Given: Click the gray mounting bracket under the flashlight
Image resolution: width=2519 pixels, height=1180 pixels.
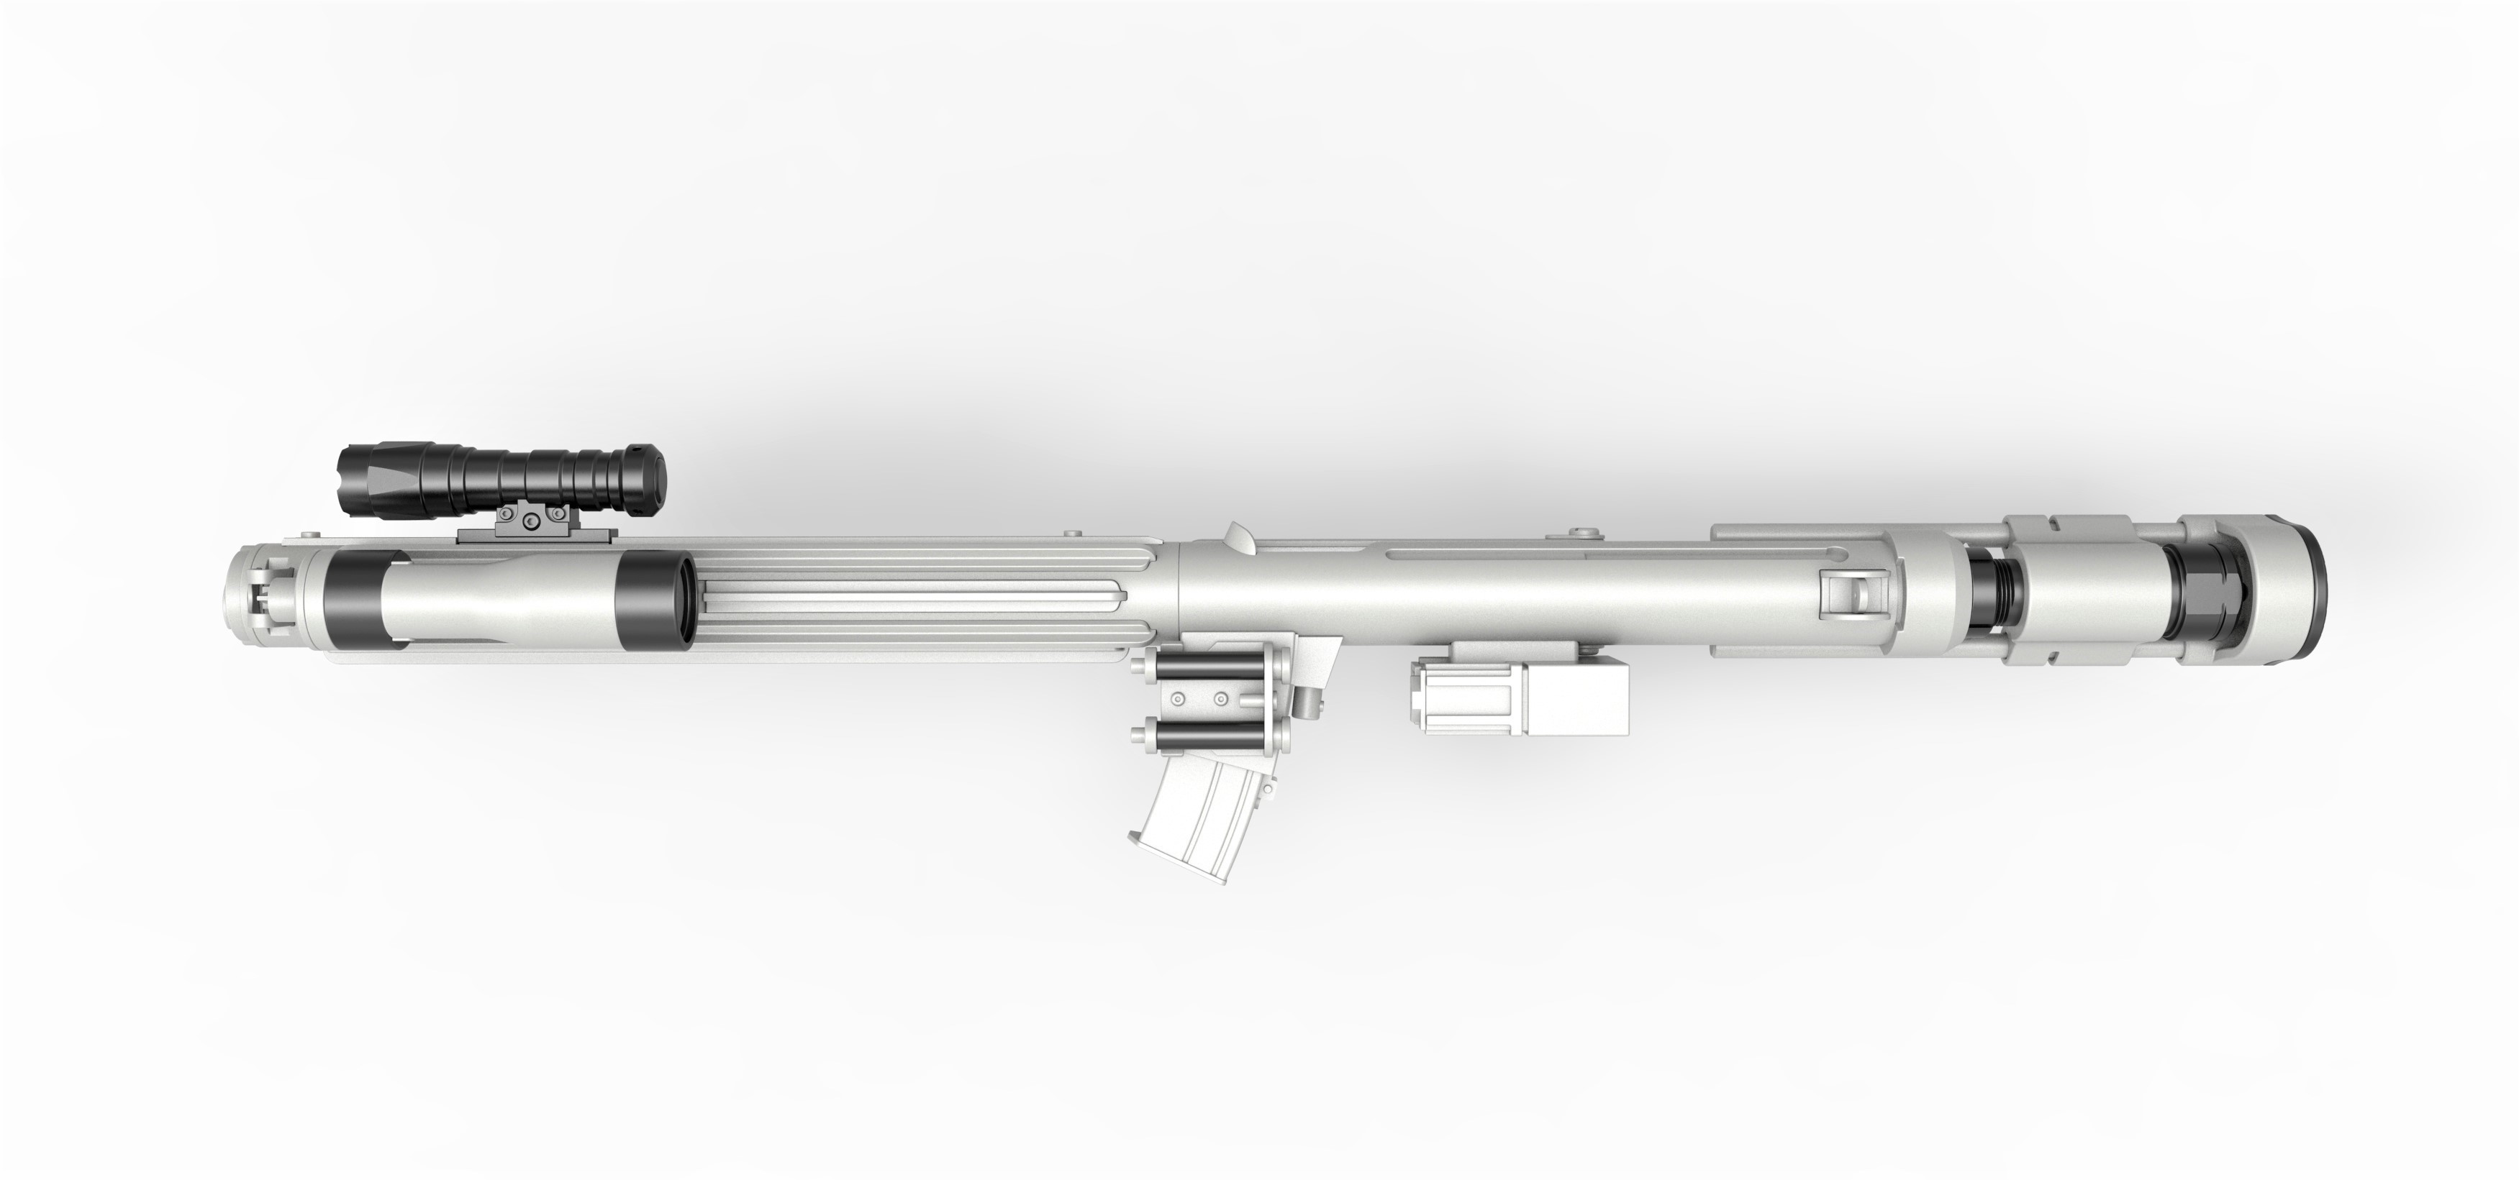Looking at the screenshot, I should click(x=536, y=528).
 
